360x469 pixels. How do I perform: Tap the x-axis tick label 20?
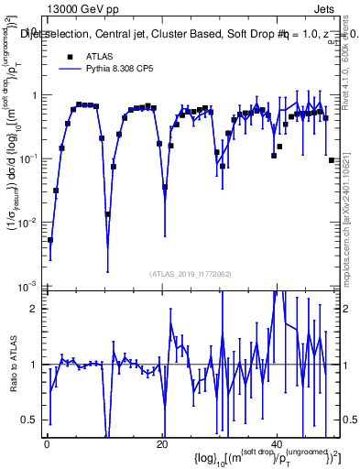click(x=161, y=444)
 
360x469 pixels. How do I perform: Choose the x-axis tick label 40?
click(x=278, y=444)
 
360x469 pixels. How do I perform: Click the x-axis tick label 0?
click(x=46, y=444)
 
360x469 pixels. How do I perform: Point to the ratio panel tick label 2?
click(x=32, y=308)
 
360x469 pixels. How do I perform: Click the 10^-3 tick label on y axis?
click(x=27, y=285)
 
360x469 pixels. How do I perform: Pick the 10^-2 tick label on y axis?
click(x=27, y=222)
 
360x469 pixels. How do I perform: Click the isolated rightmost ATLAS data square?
click(x=332, y=160)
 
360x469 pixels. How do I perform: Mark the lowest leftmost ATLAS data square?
click(x=50, y=240)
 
